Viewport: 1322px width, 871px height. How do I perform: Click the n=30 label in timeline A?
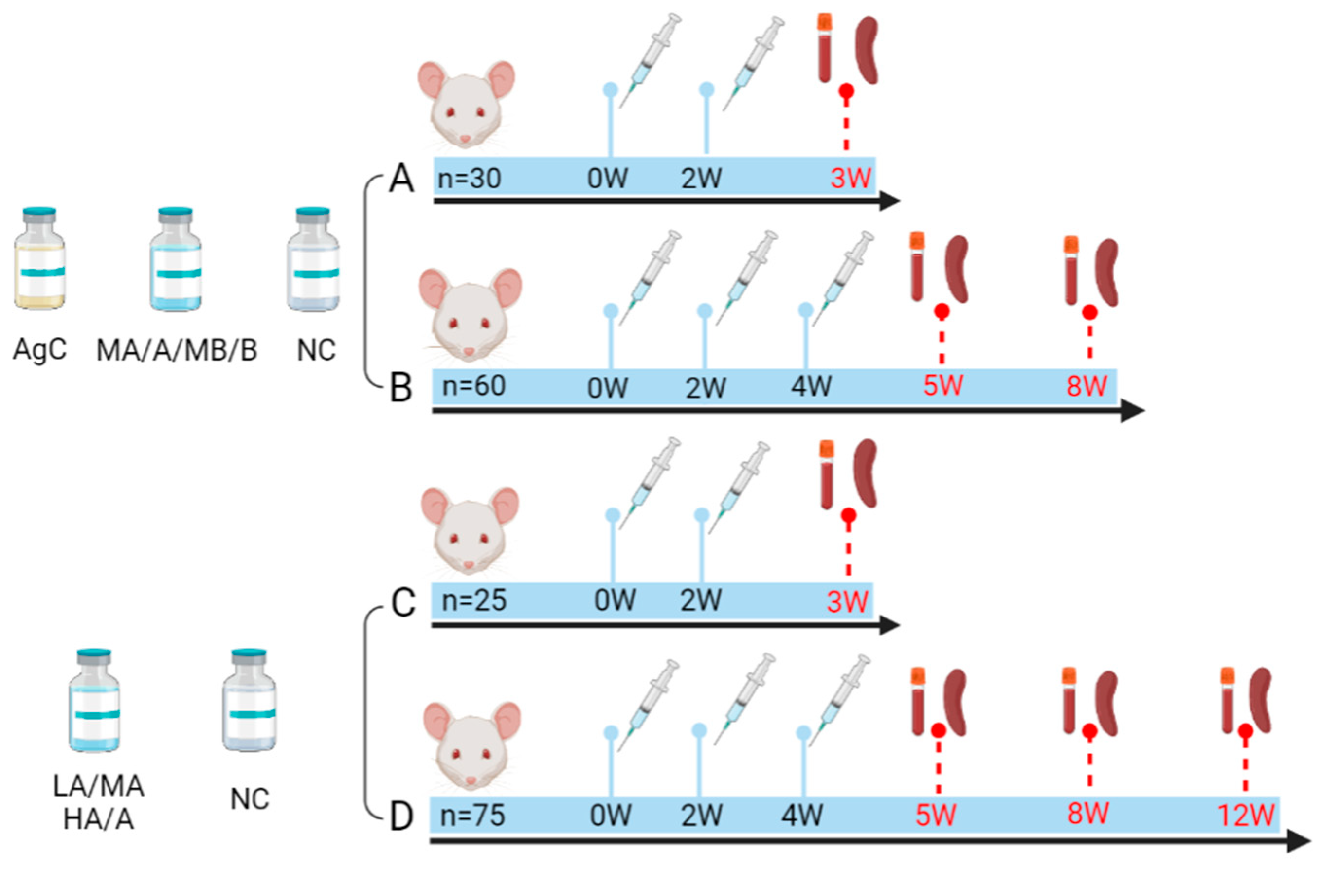[x=470, y=178]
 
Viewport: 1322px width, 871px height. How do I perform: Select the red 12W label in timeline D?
[x=1246, y=816]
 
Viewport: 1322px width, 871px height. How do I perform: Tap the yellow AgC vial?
[x=39, y=259]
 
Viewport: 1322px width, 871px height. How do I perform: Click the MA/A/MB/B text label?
[x=177, y=350]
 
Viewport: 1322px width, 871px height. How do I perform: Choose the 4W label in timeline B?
[x=812, y=386]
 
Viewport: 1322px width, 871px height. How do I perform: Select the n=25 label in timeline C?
[x=474, y=600]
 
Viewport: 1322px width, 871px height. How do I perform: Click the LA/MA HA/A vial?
[x=94, y=701]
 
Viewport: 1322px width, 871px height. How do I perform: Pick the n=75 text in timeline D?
[x=472, y=816]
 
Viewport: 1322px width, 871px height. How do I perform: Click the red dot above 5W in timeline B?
[x=941, y=311]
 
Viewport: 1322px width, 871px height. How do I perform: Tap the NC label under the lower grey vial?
[x=250, y=799]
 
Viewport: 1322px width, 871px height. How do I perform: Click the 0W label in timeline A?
[x=608, y=178]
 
